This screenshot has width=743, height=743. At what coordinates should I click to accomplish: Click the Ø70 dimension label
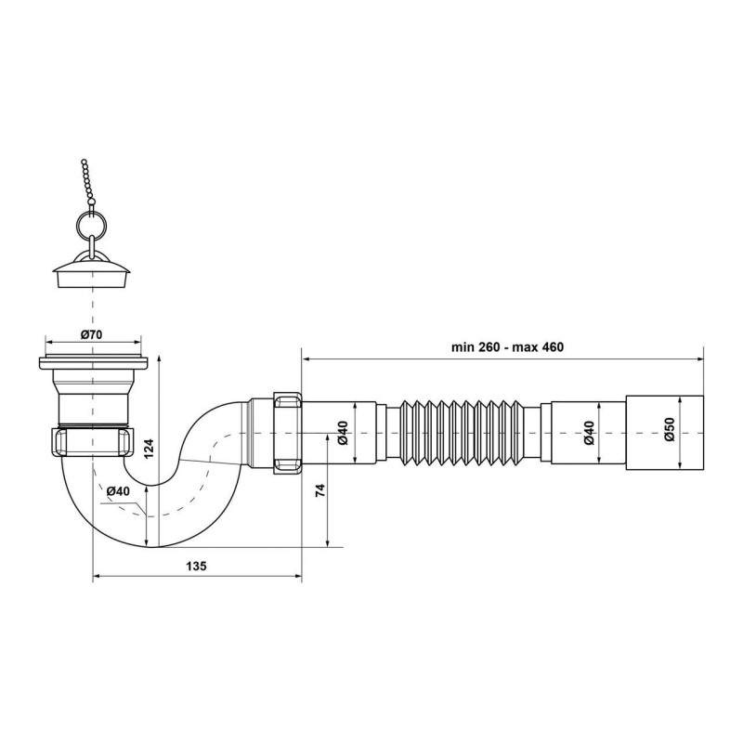[x=91, y=334]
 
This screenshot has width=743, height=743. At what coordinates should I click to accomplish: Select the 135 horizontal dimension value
[x=196, y=566]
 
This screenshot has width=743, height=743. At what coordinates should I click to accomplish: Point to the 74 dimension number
[x=320, y=490]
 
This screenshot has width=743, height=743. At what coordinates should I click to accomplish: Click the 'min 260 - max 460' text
[x=507, y=347]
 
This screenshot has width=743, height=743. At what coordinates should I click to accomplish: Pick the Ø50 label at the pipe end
[x=669, y=430]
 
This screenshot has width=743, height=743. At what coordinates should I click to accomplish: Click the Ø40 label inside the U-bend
[x=118, y=491]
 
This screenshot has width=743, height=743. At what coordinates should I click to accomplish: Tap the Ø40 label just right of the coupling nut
[x=343, y=433]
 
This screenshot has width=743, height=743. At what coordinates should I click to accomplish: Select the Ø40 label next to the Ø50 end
[x=589, y=433]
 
